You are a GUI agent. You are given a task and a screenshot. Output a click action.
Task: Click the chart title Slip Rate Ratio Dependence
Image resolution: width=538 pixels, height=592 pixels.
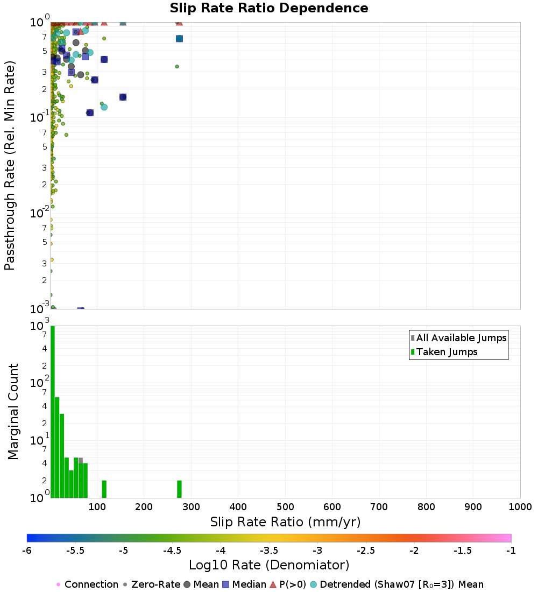(x=269, y=9)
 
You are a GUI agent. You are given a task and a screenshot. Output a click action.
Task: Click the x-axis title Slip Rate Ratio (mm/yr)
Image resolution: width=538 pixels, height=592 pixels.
(x=285, y=521)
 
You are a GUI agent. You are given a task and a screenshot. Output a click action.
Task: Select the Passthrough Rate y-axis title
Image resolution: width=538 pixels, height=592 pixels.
(x=10, y=165)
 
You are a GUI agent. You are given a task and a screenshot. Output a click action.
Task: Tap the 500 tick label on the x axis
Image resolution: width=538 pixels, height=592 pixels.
(x=285, y=507)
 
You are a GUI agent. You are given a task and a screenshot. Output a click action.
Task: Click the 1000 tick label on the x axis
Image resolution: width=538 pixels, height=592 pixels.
(x=519, y=507)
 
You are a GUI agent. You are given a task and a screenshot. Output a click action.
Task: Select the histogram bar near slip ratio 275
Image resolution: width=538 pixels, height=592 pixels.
(x=179, y=489)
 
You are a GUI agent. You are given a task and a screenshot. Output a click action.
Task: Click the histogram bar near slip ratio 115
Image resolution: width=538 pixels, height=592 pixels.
(x=104, y=489)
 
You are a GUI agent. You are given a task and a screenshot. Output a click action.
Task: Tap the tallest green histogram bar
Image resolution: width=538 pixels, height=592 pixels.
(x=53, y=412)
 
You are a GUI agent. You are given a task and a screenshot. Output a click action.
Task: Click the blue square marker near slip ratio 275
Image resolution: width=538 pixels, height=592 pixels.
(x=179, y=38)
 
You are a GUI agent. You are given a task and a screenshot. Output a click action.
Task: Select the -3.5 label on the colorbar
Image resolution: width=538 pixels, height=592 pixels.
(x=269, y=551)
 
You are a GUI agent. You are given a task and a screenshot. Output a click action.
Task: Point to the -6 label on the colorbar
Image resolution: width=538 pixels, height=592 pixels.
(x=27, y=551)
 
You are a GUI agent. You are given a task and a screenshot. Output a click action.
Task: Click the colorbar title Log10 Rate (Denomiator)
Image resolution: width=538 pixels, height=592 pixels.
(x=269, y=566)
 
